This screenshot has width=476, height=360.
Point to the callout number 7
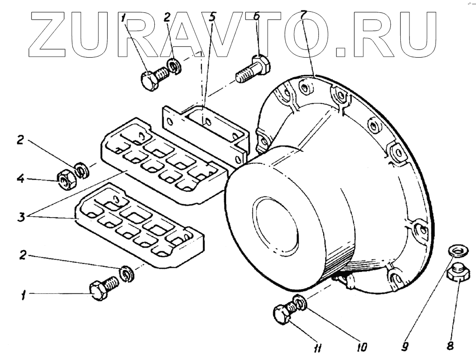point(301,14)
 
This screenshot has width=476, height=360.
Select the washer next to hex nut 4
point(81,170)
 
